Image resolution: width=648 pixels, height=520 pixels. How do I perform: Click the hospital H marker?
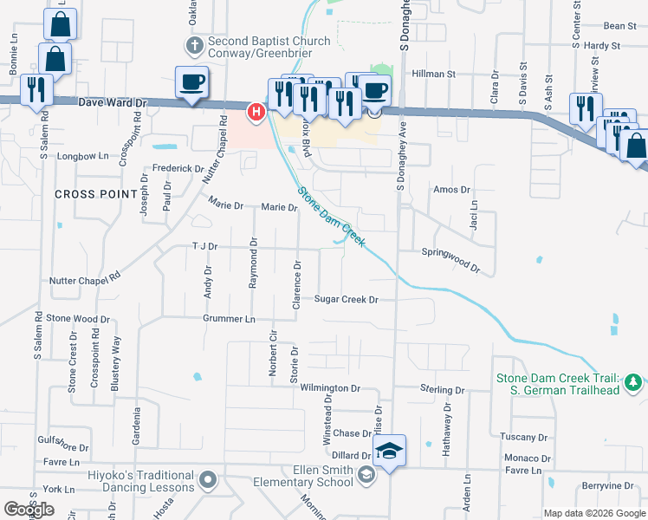pyautogui.click(x=256, y=112)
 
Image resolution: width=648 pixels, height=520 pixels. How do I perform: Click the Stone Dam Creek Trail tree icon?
pyautogui.click(x=633, y=381)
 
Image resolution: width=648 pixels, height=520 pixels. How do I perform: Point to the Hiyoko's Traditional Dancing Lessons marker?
pyautogui.click(x=208, y=478)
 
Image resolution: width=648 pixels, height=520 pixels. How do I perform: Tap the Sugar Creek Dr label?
pyautogui.click(x=347, y=300)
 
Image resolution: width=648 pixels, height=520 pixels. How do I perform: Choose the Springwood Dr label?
pyautogui.click(x=450, y=252)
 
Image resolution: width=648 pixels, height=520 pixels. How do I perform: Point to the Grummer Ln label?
pyautogui.click(x=229, y=319)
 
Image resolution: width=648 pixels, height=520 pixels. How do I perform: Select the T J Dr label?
pyautogui.click(x=204, y=247)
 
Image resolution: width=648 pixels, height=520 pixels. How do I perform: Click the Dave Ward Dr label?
pyautogui.click(x=113, y=102)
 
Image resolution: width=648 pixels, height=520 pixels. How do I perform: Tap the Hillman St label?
pyautogui.click(x=434, y=75)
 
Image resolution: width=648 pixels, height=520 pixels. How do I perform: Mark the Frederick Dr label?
pyautogui.click(x=178, y=168)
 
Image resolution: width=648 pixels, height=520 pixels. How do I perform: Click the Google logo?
pyautogui.click(x=29, y=510)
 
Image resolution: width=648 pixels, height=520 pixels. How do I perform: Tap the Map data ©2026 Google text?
pyautogui.click(x=593, y=514)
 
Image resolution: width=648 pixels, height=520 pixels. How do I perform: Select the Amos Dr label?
pyautogui.click(x=451, y=190)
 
